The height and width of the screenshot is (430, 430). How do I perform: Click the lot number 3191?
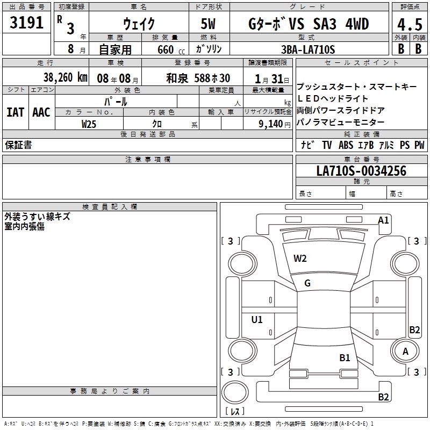coord(26,23)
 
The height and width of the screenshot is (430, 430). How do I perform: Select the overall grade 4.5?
coord(410,25)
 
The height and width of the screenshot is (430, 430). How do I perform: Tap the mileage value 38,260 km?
coord(65,77)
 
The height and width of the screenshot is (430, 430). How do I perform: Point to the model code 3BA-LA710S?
coord(308,49)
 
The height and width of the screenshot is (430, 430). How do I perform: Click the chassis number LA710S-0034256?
coord(361,171)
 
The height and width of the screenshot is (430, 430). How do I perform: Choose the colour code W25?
coord(89,124)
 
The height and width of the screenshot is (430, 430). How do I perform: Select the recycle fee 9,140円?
coord(275,124)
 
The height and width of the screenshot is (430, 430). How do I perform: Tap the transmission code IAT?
coord(16,112)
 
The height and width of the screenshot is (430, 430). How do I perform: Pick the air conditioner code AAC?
coord(41,112)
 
